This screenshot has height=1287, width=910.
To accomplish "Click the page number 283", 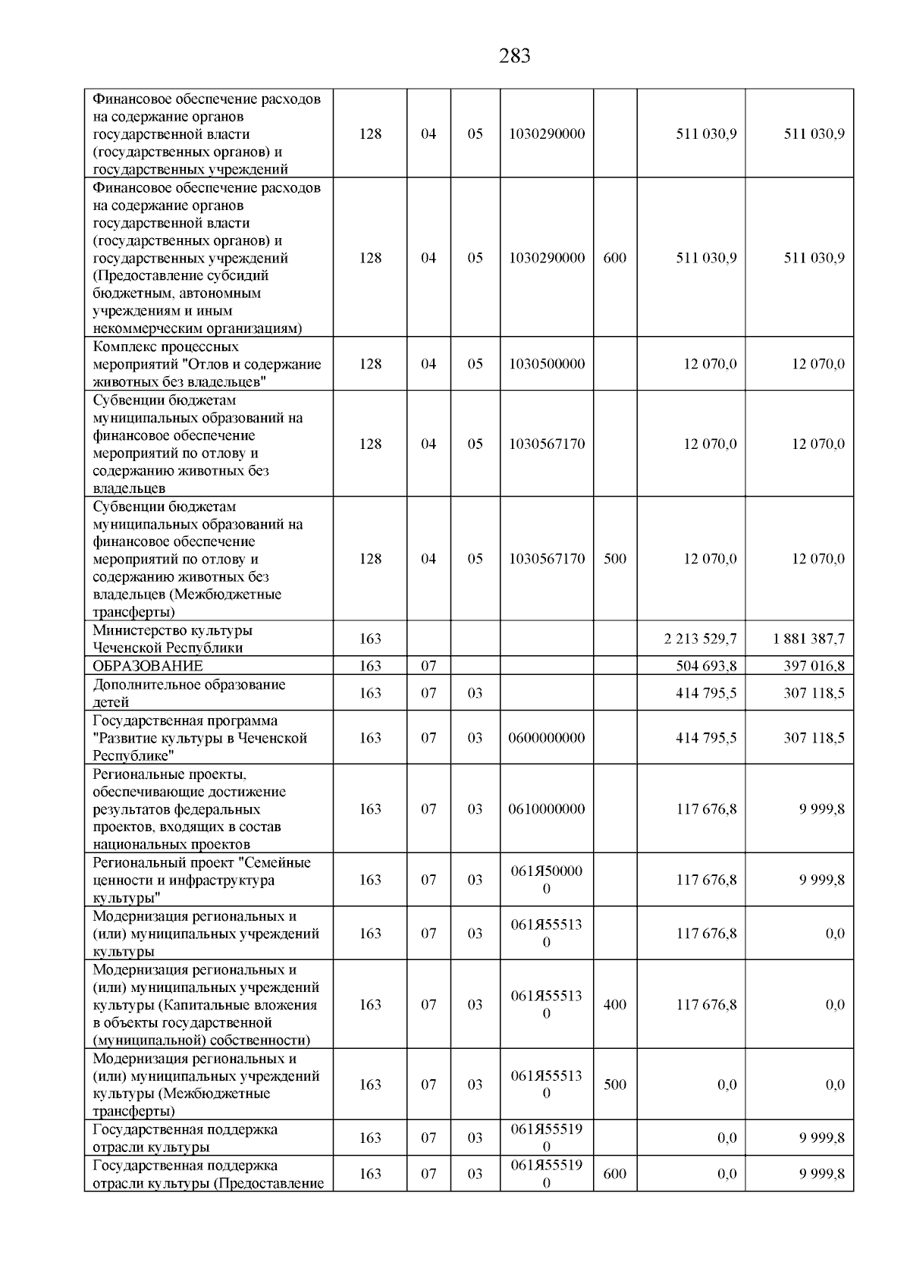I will click(515, 56).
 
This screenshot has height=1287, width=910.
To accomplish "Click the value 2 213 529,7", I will click(699, 639).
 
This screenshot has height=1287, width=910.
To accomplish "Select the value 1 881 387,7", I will click(808, 639).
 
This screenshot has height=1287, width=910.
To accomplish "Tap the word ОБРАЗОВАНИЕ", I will click(148, 666).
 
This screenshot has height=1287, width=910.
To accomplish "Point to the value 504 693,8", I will click(706, 666).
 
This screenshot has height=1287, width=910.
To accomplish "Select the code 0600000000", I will click(547, 737).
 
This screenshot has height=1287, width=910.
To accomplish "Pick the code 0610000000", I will click(547, 808).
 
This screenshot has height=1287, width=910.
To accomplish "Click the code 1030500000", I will click(547, 363).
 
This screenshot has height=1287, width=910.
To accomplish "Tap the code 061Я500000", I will click(547, 880).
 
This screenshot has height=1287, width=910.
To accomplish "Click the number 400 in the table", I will click(614, 1004).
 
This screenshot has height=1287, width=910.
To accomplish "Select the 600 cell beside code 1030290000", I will click(614, 258).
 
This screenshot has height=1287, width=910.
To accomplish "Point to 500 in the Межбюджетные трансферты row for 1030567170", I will click(614, 559).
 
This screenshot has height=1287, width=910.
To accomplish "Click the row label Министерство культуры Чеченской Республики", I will click(172, 639).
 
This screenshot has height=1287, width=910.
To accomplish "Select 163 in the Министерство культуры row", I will click(370, 639).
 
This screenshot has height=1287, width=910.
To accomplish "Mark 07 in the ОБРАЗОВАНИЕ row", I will click(428, 666).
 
